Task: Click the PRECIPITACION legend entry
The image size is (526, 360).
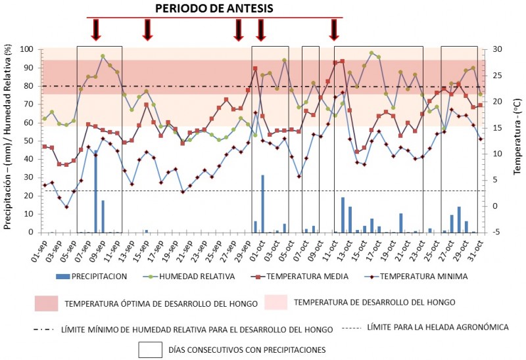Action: coord(99,277)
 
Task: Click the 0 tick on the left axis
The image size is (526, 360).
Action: coord(32,232)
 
